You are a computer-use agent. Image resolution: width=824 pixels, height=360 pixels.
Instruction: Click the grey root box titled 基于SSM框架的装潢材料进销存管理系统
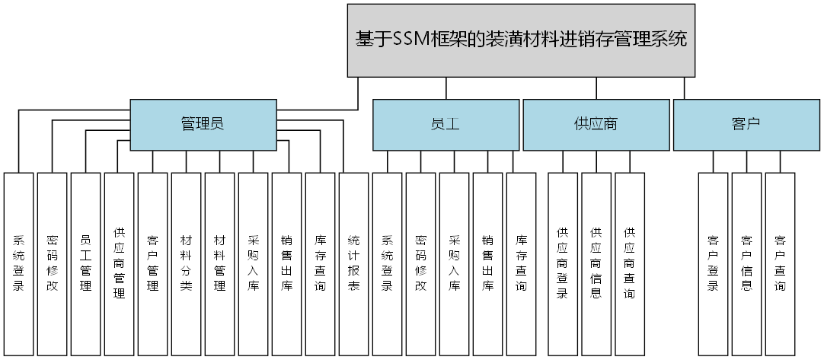522,40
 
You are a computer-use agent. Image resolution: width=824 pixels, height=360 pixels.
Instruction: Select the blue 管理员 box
202,124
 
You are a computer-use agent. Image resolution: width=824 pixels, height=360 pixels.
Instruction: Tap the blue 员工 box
446,124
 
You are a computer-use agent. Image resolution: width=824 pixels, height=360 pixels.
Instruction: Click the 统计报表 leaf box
353,263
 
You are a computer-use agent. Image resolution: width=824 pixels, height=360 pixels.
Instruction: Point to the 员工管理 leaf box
86,263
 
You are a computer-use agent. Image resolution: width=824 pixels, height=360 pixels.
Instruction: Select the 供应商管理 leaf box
120,263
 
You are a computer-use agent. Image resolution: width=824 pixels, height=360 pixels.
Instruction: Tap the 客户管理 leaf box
152,263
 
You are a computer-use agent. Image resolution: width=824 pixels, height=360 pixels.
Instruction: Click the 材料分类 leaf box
186,263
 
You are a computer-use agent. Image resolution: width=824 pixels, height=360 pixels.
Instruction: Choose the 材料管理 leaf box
219,263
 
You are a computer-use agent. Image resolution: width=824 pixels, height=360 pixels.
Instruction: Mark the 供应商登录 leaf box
562,263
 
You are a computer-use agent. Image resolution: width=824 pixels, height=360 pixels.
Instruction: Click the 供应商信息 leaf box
596,263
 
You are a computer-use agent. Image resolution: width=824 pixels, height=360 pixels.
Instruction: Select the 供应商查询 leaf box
629,263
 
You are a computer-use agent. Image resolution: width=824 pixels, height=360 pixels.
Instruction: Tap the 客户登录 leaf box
713,263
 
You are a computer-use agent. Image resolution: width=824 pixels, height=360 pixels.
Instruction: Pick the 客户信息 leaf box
746,263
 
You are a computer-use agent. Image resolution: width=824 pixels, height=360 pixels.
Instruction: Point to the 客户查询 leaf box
780,263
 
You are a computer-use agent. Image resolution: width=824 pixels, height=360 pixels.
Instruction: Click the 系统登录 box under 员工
387,263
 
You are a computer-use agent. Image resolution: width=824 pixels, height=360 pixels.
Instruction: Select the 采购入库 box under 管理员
253,263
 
